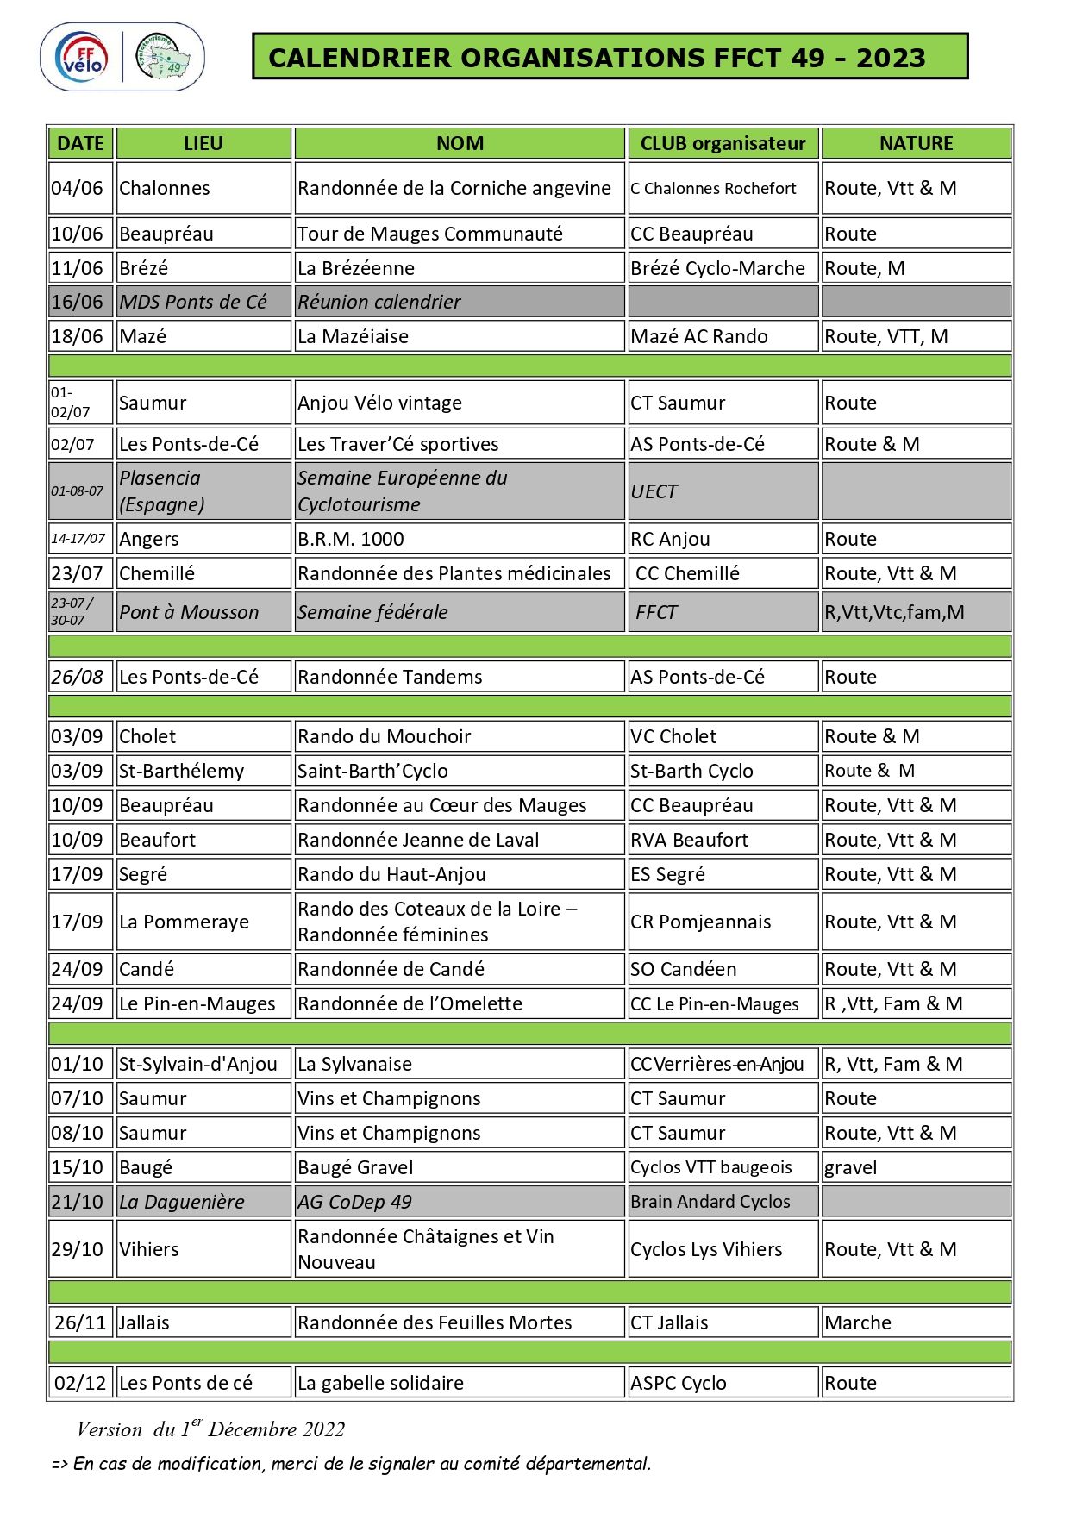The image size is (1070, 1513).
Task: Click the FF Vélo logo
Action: [x=84, y=57]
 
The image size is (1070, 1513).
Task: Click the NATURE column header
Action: [x=916, y=143]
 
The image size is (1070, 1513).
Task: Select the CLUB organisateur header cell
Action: [x=723, y=143]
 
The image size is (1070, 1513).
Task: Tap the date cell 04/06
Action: [x=78, y=188]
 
